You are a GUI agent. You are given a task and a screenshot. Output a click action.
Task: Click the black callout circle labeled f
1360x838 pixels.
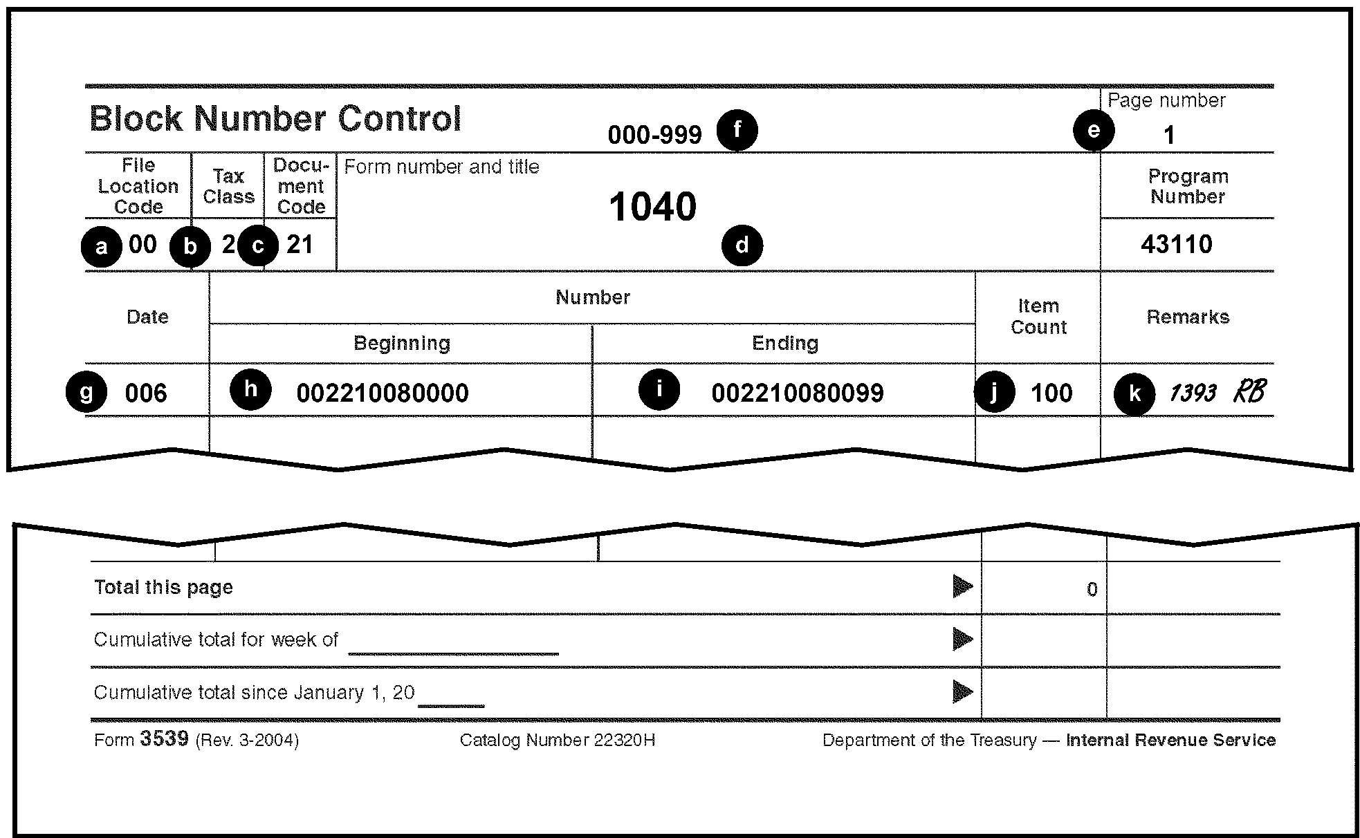[x=737, y=130]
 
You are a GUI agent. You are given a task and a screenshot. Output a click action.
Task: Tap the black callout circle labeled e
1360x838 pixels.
[x=1094, y=130]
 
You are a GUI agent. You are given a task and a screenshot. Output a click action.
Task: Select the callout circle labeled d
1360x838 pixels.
[x=742, y=245]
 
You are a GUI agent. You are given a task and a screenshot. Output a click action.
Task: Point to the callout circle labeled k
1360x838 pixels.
[x=1134, y=393]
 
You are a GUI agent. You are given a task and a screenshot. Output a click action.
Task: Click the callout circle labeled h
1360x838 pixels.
[x=250, y=389]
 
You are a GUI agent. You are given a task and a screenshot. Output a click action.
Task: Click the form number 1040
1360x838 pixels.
[x=652, y=207]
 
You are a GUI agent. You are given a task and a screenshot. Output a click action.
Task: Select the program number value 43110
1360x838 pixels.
[x=1176, y=245]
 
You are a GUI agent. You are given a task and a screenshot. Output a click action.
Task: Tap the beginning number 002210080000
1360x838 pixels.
[x=383, y=393]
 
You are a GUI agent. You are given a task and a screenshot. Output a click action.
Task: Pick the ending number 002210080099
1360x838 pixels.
[x=798, y=393]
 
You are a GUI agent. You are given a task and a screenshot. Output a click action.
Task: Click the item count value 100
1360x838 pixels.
[x=1051, y=393]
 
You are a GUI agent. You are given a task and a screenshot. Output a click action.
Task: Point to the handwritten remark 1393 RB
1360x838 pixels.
[x=1217, y=393]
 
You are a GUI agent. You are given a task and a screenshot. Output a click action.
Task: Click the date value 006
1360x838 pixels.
[x=146, y=393]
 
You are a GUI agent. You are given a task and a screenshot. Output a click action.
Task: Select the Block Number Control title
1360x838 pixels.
[x=275, y=119]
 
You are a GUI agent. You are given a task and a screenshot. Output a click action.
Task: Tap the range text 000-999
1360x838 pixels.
[x=654, y=135]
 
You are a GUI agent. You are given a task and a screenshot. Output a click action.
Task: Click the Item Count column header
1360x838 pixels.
[x=1038, y=317]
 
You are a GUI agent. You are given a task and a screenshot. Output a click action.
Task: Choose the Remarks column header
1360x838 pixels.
[x=1188, y=317]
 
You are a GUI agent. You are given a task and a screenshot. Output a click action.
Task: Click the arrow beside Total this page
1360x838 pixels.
[x=962, y=586]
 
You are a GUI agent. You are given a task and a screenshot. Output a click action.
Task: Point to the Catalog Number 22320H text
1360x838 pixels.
[x=557, y=741]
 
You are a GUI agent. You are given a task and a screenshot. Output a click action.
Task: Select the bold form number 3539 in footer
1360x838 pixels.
[x=164, y=739]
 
